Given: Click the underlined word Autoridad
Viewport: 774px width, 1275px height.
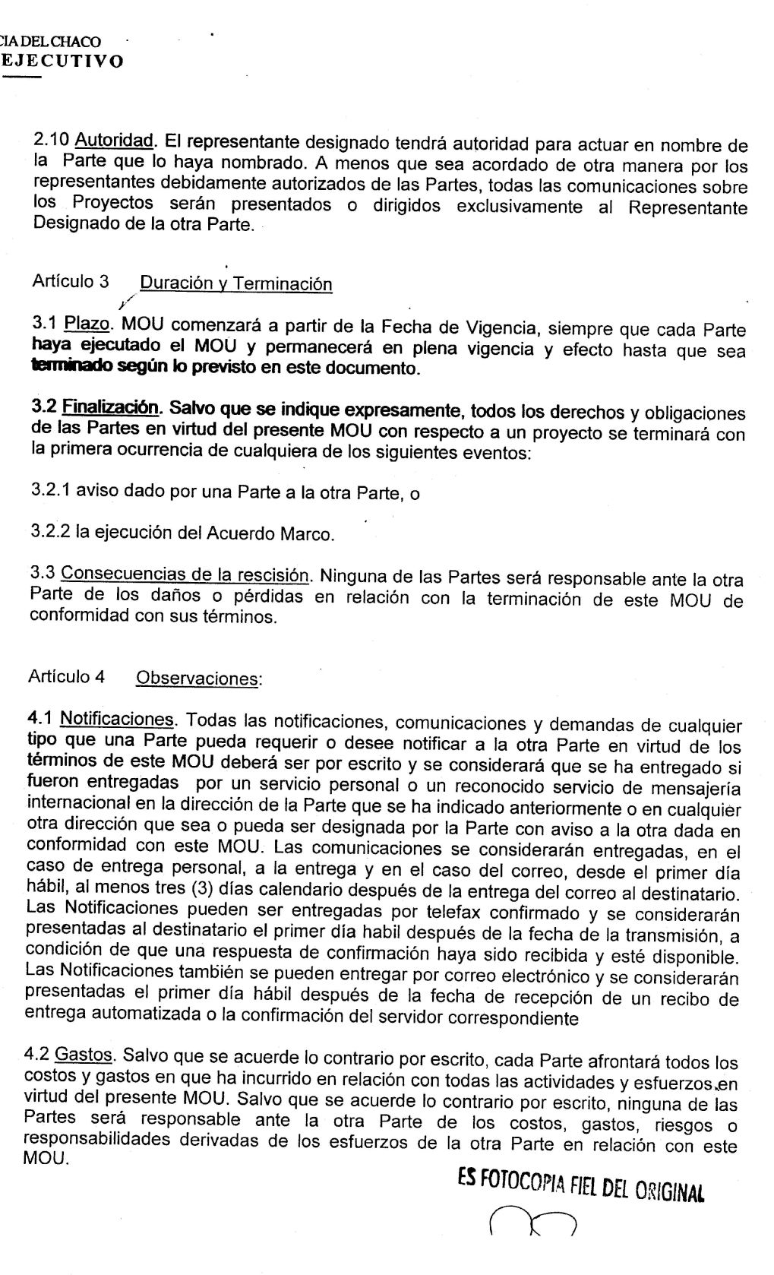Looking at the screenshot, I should (115, 141).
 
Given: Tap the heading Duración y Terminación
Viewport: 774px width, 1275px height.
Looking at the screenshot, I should (236, 284).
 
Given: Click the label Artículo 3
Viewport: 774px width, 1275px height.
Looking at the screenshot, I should (71, 282).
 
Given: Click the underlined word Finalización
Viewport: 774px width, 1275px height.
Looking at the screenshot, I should (111, 407).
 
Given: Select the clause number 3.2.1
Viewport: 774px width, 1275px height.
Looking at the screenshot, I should (51, 491).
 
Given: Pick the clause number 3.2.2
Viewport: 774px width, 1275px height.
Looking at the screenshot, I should (50, 531).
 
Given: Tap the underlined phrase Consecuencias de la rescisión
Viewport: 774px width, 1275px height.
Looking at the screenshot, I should (185, 574).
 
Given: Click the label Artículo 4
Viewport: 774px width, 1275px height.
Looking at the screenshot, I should (67, 676).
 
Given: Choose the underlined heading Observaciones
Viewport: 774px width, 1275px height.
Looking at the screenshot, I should (197, 678).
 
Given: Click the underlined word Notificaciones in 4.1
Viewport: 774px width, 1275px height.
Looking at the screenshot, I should (117, 719).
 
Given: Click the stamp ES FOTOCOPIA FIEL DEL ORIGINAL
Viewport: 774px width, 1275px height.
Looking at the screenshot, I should (580, 1186).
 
